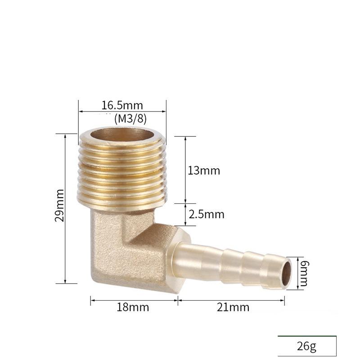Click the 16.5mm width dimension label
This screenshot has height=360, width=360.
(122, 106)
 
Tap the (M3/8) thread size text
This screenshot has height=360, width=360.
(130, 118)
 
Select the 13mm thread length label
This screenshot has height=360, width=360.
(204, 171)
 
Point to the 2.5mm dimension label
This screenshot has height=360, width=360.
(207, 214)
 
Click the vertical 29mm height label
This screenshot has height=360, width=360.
(59, 205)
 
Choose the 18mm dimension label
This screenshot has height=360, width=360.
(133, 307)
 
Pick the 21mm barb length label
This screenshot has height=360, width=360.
(233, 307)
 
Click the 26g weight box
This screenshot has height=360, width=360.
(307, 346)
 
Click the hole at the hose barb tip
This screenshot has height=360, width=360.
(286, 273)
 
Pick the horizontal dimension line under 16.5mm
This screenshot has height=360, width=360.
(122, 112)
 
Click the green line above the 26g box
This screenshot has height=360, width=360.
(307, 336)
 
